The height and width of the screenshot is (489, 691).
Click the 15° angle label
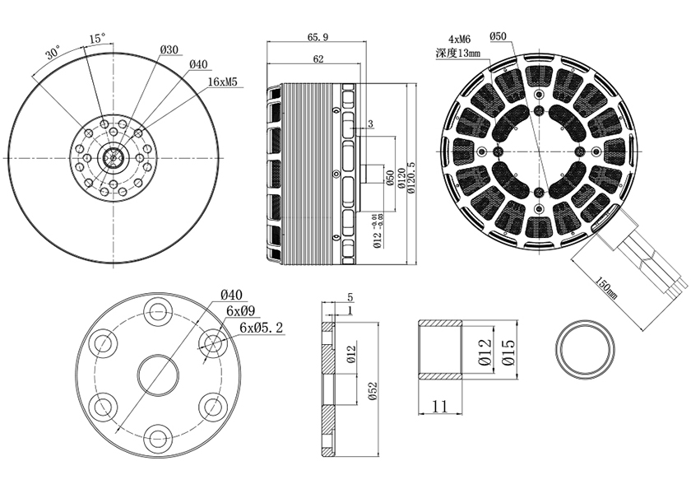(x=97, y=39)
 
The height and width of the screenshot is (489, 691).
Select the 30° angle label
(x=53, y=54)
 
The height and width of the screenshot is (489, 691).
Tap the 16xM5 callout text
(x=223, y=81)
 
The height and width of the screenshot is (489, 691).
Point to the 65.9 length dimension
(x=318, y=37)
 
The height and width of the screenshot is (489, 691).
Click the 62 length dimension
(x=318, y=59)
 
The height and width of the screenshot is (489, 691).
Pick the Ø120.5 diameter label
(x=412, y=175)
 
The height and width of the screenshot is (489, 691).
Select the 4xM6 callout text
(x=459, y=40)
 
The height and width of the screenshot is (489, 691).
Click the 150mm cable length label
(x=605, y=287)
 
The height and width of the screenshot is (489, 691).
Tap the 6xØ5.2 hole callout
(x=262, y=328)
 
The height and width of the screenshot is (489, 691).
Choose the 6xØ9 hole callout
(x=240, y=310)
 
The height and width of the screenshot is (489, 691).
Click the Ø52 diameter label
(x=373, y=390)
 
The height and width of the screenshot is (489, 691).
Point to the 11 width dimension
(x=440, y=406)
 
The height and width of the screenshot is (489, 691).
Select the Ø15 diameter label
(x=508, y=352)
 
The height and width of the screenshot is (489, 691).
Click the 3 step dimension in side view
(x=370, y=124)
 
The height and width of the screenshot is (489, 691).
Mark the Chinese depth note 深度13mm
(x=458, y=54)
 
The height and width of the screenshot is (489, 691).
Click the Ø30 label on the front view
(x=169, y=50)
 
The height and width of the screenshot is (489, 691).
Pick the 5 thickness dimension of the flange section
(x=350, y=298)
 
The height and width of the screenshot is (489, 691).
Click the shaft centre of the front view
(x=114, y=157)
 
